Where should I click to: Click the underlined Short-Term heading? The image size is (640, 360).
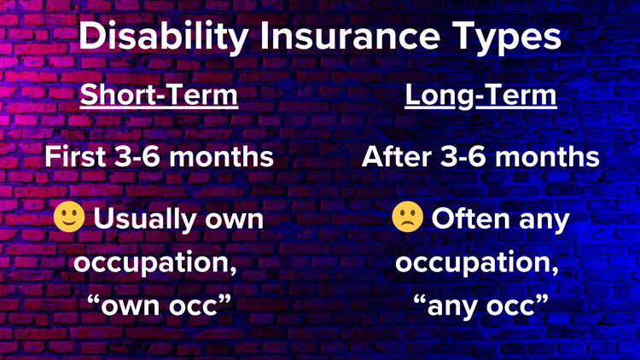point(159,96)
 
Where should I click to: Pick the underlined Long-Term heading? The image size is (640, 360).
point(480,96)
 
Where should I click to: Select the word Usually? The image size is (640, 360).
point(143,219)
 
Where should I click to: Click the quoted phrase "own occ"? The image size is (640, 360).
point(159,305)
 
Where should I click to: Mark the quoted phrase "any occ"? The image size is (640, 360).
point(480,305)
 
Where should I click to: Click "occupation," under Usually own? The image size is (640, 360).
point(159,263)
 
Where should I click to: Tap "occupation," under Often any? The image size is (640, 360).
point(480,263)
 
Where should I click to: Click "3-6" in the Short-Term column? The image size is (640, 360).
point(146,157)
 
